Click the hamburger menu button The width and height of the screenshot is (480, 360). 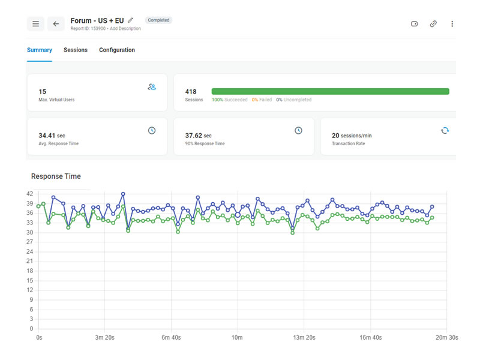pyautogui.click(x=35, y=24)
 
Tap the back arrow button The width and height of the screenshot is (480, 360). pyautogui.click(x=56, y=24)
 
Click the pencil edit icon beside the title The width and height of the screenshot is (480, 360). pyautogui.click(x=131, y=20)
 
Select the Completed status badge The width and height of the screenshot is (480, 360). pyautogui.click(x=158, y=20)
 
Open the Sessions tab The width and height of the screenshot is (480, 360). pyautogui.click(x=76, y=50)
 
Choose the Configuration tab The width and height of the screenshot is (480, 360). pyautogui.click(x=117, y=50)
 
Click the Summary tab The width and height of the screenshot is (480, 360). pyautogui.click(x=40, y=50)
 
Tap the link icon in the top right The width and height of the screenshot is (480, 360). pyautogui.click(x=433, y=24)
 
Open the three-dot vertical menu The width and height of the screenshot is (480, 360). pyautogui.click(x=452, y=24)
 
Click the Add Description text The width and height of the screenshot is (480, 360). pyautogui.click(x=125, y=28)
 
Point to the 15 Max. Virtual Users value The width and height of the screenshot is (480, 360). pyautogui.click(x=43, y=92)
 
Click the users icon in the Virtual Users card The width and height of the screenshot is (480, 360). pyautogui.click(x=152, y=87)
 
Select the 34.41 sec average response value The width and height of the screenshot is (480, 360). pyautogui.click(x=47, y=136)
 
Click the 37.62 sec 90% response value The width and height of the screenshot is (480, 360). pyautogui.click(x=198, y=136)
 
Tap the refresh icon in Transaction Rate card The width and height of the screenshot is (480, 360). pyautogui.click(x=445, y=130)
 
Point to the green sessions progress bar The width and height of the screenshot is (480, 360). pyautogui.click(x=330, y=91)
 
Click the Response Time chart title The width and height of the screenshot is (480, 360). pyautogui.click(x=56, y=176)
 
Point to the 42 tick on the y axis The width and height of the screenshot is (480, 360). pyautogui.click(x=29, y=194)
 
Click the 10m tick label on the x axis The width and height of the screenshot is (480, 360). pyautogui.click(x=237, y=338)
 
